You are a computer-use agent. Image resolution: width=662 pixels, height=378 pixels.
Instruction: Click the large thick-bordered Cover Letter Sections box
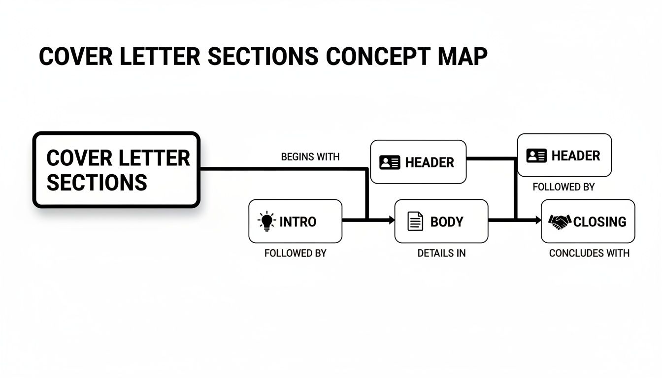click(x=116, y=170)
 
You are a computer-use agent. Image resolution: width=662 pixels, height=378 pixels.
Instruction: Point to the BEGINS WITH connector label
click(x=310, y=157)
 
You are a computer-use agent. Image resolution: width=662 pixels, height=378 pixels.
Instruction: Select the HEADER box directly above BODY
click(x=418, y=162)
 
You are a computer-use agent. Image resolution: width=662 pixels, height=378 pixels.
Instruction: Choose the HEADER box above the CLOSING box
click(x=564, y=156)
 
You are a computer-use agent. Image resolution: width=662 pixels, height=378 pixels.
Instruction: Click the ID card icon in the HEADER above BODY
click(x=390, y=162)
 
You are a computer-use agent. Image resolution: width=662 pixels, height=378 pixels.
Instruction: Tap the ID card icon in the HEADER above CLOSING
click(x=536, y=156)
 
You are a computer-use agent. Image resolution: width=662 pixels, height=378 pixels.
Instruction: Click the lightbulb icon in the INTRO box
click(x=267, y=221)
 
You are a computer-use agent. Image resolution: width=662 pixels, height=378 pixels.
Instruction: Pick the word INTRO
click(x=298, y=222)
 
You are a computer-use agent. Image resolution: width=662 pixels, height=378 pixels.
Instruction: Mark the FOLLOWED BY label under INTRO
click(x=296, y=253)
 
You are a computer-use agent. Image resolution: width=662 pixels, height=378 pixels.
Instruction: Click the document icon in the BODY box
click(x=415, y=221)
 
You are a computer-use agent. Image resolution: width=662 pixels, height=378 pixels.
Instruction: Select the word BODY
click(x=447, y=222)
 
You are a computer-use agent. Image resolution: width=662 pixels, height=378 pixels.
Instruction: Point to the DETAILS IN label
click(x=441, y=253)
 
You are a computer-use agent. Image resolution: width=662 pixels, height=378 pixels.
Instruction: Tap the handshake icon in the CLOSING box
click(x=560, y=221)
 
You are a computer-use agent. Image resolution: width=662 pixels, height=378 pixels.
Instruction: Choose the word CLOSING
click(x=599, y=222)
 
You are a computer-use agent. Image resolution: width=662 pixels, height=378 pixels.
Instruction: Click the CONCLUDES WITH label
click(x=589, y=253)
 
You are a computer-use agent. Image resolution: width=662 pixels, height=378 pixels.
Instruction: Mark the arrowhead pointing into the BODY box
click(x=391, y=221)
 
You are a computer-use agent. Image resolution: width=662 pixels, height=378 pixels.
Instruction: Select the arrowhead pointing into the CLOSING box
click(x=538, y=221)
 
